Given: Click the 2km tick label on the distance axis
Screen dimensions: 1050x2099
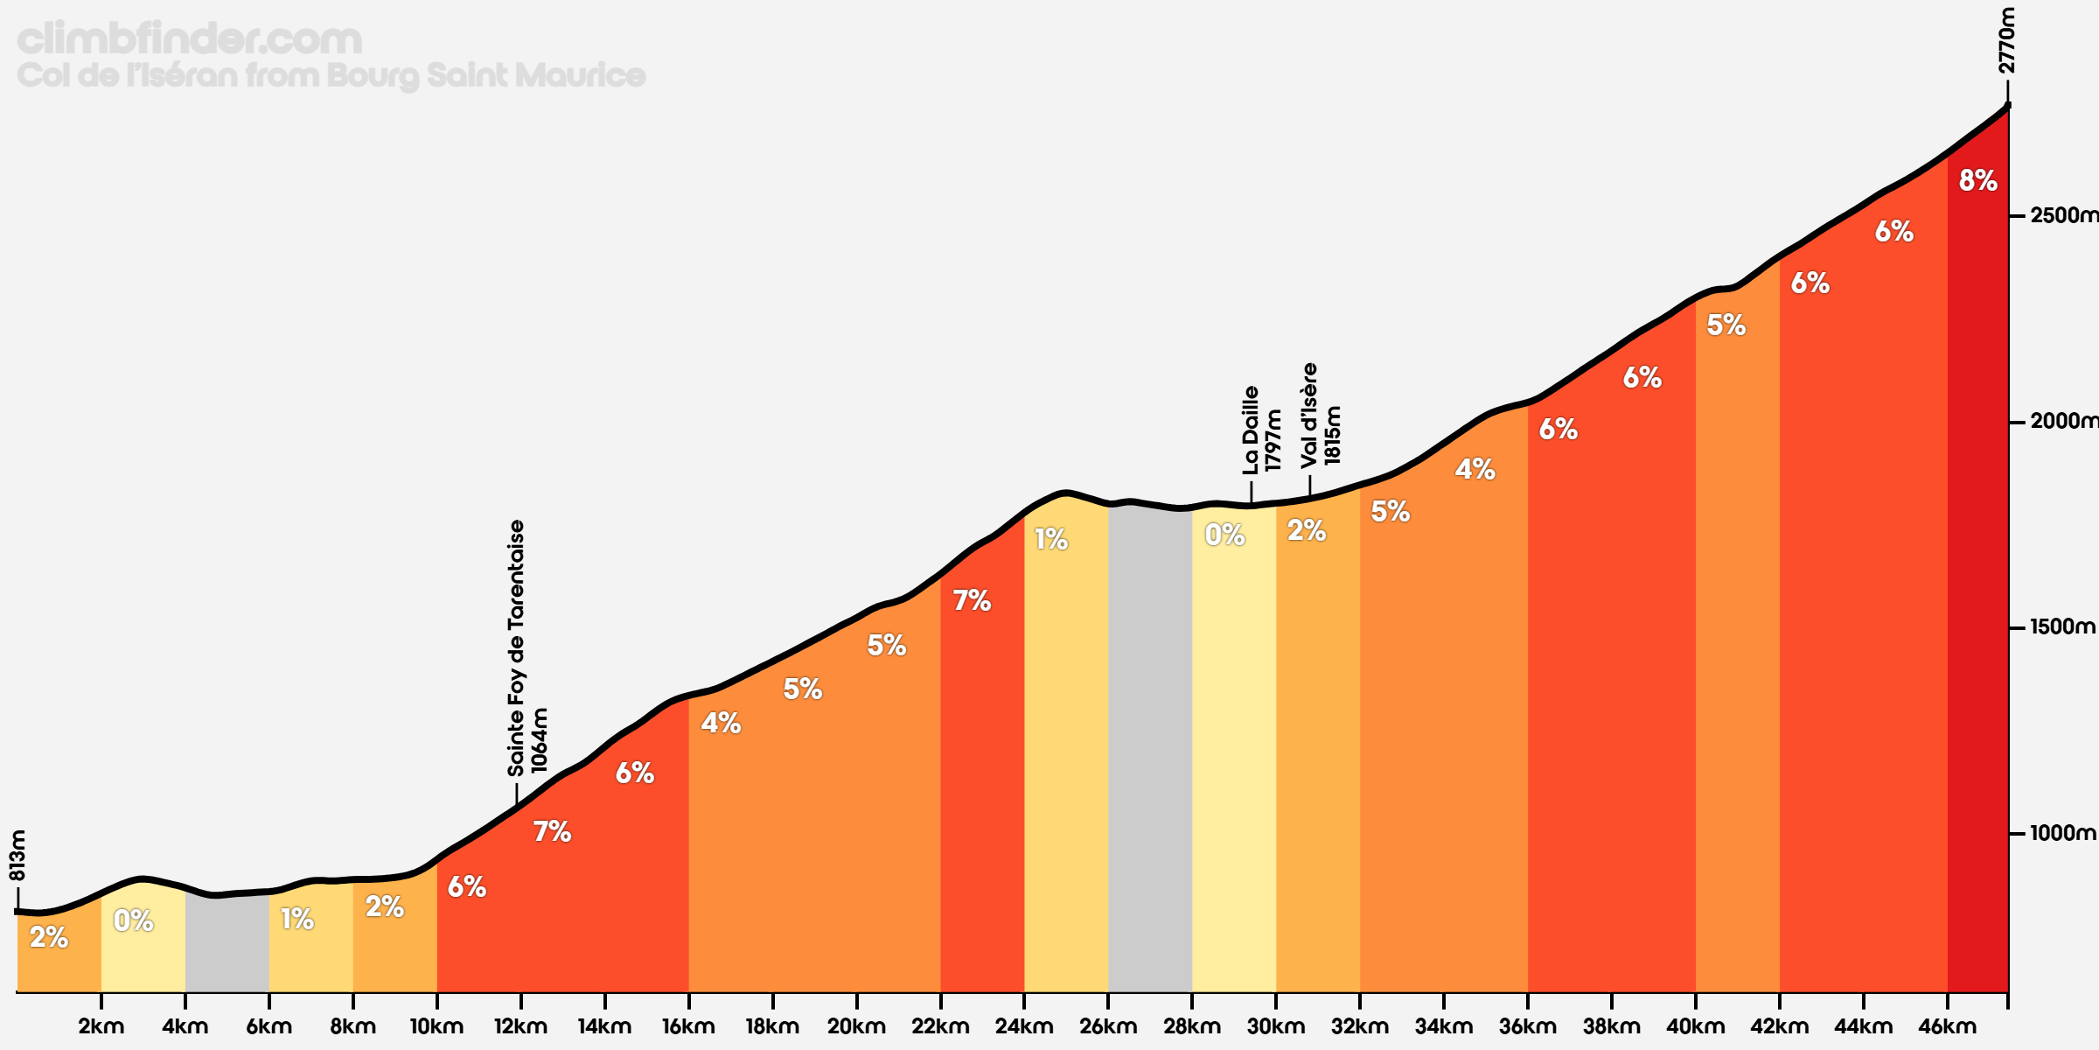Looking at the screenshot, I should (101, 1026).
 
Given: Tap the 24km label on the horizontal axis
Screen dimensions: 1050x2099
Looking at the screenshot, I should (1023, 1026).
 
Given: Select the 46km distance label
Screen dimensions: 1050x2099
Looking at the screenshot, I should (1947, 1026).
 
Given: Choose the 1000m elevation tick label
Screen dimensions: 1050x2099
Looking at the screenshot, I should (2062, 833).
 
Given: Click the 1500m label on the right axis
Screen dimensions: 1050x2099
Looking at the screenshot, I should (2062, 627).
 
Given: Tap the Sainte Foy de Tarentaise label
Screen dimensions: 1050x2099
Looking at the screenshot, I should (516, 647).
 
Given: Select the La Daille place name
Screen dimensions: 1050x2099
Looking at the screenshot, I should (1251, 430).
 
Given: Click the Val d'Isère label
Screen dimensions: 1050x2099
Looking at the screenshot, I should (1308, 415).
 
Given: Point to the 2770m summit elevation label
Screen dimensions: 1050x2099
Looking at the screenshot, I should (2007, 40).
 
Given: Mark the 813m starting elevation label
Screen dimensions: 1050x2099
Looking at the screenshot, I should (17, 855).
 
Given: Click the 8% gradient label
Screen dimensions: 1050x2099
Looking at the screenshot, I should (1977, 181).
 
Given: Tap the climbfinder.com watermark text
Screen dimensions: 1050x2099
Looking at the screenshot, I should (189, 39).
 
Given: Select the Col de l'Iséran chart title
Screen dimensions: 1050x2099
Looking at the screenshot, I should (331, 75).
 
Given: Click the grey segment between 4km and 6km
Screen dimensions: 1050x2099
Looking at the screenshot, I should (227, 945).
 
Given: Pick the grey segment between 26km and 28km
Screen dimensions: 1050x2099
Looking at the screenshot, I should (1149, 752).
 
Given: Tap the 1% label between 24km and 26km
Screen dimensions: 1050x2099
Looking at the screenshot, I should (1050, 540).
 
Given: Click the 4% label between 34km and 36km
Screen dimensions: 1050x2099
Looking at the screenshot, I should (1475, 470).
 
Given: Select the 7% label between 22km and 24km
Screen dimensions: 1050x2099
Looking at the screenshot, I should (972, 601).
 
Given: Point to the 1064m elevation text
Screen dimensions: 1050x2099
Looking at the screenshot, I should (539, 740).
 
